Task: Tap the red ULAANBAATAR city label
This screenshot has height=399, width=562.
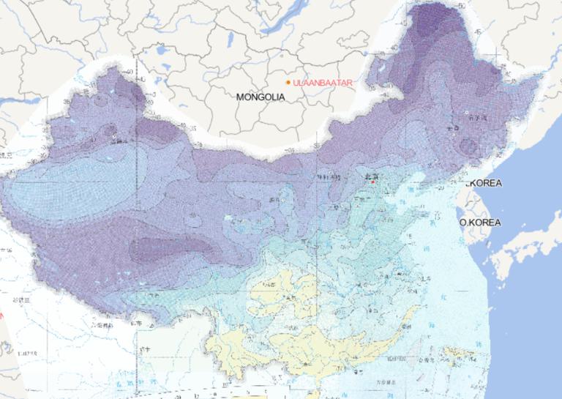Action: point(322,83)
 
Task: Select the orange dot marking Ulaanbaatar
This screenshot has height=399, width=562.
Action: point(288,82)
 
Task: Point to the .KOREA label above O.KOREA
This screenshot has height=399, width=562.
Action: point(484,183)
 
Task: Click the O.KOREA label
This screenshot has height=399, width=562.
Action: point(480,222)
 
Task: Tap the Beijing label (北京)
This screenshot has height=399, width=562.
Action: point(374,176)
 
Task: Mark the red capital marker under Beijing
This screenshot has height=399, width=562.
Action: point(373,182)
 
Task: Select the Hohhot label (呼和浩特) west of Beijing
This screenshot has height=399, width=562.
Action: point(327,178)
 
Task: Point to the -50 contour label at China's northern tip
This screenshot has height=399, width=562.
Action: point(461,6)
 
